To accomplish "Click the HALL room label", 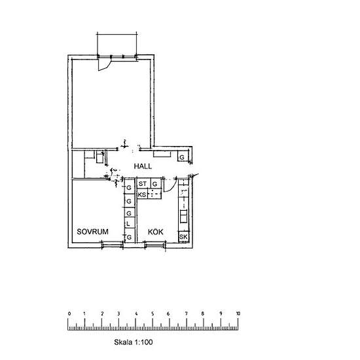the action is [143, 166].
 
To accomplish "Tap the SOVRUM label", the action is [92, 232].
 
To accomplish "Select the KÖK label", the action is [155, 232].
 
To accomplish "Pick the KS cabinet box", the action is [142, 194].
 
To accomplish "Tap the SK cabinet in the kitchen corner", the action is [183, 237].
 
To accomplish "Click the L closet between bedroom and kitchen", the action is [129, 223].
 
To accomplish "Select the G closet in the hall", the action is [183, 157].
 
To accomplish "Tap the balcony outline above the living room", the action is [117, 35].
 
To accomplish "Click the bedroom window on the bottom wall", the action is [112, 245].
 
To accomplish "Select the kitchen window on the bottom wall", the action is [154, 245].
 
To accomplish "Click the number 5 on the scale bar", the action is [153, 314].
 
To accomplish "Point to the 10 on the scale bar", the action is [238, 314].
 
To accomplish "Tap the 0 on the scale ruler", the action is [69, 314].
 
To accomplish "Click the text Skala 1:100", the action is [133, 342].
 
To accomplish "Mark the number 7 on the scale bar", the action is [186, 314].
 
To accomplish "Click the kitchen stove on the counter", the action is [183, 216].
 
